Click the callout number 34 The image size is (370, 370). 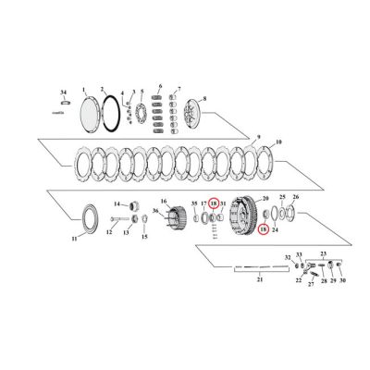pyautogui.click(x=64, y=92)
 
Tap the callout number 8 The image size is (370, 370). pyautogui.click(x=204, y=97)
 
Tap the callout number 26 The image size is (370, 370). pyautogui.click(x=295, y=197)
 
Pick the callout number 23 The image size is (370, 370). pyautogui.click(x=323, y=253)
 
